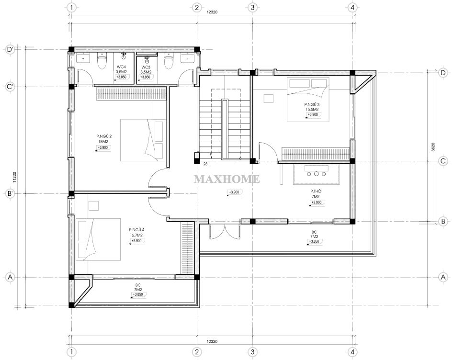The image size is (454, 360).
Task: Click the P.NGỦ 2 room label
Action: pos(104,136)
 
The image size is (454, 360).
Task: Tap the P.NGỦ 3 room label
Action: pos(312,104)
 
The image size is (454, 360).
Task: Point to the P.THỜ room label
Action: pos(316,191)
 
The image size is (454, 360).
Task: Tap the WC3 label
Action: pos(146,67)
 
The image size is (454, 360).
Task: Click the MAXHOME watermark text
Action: pos(227,179)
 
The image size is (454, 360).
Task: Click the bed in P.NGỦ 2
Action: pos(143,140)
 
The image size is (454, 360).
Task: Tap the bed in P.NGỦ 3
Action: pos(308,100)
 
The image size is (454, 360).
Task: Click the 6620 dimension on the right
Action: pos(433,147)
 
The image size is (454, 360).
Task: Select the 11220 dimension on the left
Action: pos(14,177)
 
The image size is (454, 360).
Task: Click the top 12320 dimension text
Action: pos(212,12)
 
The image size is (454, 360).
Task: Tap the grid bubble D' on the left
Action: pos(10,50)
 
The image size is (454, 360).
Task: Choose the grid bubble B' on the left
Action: pos(10,193)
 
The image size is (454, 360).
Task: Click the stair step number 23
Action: pos(205,164)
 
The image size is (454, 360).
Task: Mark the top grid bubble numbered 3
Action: pos(252,7)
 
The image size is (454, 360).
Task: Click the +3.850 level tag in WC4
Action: pos(121,77)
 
